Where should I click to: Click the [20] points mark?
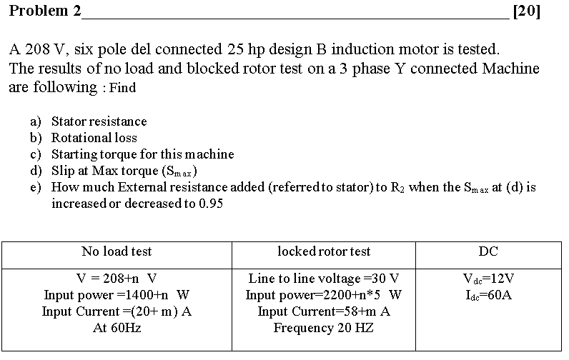point(527,11)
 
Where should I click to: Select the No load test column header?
point(117,251)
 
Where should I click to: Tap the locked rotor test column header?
point(324,251)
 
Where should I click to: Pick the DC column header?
point(488,251)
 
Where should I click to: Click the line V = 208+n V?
point(117,278)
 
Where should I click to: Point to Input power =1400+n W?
point(117,294)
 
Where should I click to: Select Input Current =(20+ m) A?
point(117,311)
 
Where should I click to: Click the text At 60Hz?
point(117,328)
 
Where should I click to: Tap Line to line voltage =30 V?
point(324,278)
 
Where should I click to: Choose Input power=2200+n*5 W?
point(324,294)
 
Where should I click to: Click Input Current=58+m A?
point(324,311)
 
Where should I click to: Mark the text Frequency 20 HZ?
point(324,328)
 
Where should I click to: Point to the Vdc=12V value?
point(488,278)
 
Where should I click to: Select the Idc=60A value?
point(488,294)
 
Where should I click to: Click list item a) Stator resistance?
point(99,121)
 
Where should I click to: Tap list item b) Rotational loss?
point(94,138)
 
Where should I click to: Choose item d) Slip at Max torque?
point(124,171)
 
